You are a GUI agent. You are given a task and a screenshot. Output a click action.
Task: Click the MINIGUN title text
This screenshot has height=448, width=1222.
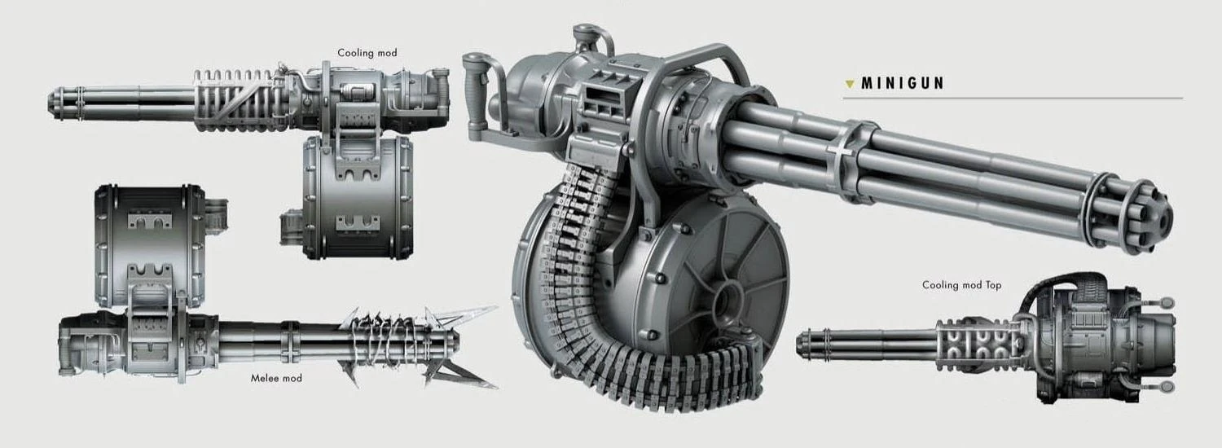point(903,83)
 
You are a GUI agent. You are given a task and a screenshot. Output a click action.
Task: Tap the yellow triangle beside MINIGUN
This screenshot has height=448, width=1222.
point(850,83)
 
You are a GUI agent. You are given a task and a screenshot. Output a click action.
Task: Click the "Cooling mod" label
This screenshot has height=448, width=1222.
point(367,53)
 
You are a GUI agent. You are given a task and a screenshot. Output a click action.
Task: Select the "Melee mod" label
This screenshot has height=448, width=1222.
point(276,378)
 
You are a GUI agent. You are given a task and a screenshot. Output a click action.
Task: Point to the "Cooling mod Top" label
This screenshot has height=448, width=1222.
point(961,285)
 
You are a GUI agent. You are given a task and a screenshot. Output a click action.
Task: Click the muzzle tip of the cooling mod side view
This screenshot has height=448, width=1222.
point(55,102)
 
